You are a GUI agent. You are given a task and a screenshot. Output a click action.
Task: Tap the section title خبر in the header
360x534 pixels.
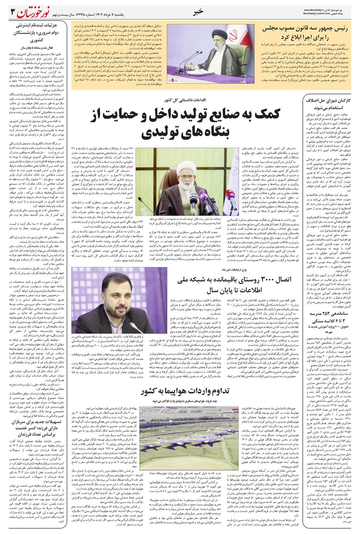click(x=198, y=12)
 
